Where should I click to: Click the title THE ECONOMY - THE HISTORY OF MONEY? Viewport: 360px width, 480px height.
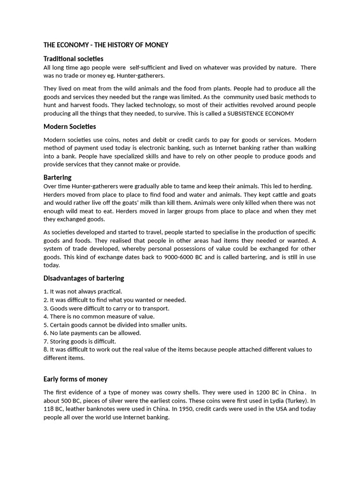click(x=105, y=45)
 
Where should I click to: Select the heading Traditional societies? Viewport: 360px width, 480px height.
click(x=73, y=59)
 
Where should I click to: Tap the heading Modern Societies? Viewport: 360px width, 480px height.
click(x=69, y=127)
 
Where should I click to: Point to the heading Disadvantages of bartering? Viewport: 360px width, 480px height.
click(x=83, y=278)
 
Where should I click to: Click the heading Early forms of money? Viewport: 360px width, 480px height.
click(x=75, y=379)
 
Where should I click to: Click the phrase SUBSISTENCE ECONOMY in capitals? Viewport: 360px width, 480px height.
click(x=261, y=113)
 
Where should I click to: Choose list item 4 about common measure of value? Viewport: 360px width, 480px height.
click(x=99, y=316)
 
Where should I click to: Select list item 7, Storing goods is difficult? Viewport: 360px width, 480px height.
click(x=80, y=341)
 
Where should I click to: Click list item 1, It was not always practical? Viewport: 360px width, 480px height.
click(x=82, y=292)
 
